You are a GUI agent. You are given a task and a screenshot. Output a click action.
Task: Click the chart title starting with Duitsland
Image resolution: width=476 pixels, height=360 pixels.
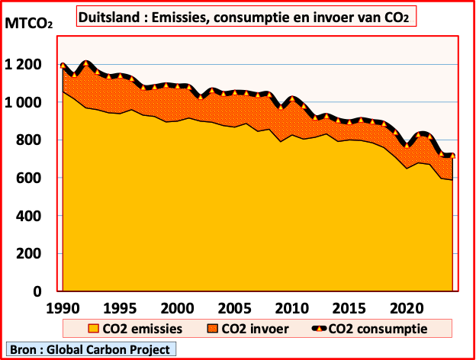pyautogui.click(x=246, y=16)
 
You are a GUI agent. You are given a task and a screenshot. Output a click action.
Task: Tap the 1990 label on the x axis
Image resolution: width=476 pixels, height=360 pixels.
pyautogui.click(x=62, y=308)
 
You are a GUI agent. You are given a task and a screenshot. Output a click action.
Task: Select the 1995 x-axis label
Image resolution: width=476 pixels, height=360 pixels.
pyautogui.click(x=119, y=308)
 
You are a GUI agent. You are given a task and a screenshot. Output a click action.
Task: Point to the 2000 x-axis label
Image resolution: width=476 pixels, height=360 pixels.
pyautogui.click(x=176, y=308)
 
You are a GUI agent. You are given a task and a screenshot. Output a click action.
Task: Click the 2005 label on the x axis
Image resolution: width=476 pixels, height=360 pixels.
pyautogui.click(x=233, y=308)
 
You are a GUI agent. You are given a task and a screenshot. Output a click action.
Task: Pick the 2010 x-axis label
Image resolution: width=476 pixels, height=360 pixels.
pyautogui.click(x=291, y=308)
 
